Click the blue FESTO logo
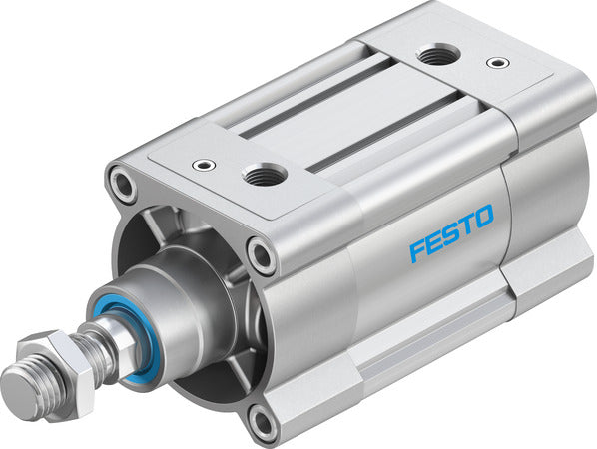[x=451, y=232]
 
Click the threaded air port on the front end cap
[x=266, y=177]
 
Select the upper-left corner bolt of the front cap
[x=125, y=184]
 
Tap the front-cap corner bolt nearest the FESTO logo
[x=263, y=256]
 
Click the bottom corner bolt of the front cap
[x=263, y=423]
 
